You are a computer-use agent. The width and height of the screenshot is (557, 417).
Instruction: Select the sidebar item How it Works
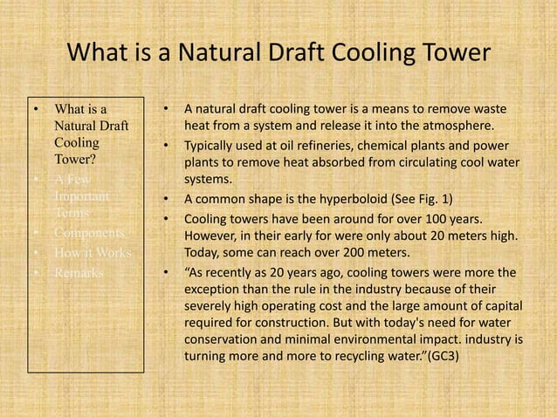coord(91,253)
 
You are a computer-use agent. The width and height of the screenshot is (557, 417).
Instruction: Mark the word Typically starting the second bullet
coord(210,146)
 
